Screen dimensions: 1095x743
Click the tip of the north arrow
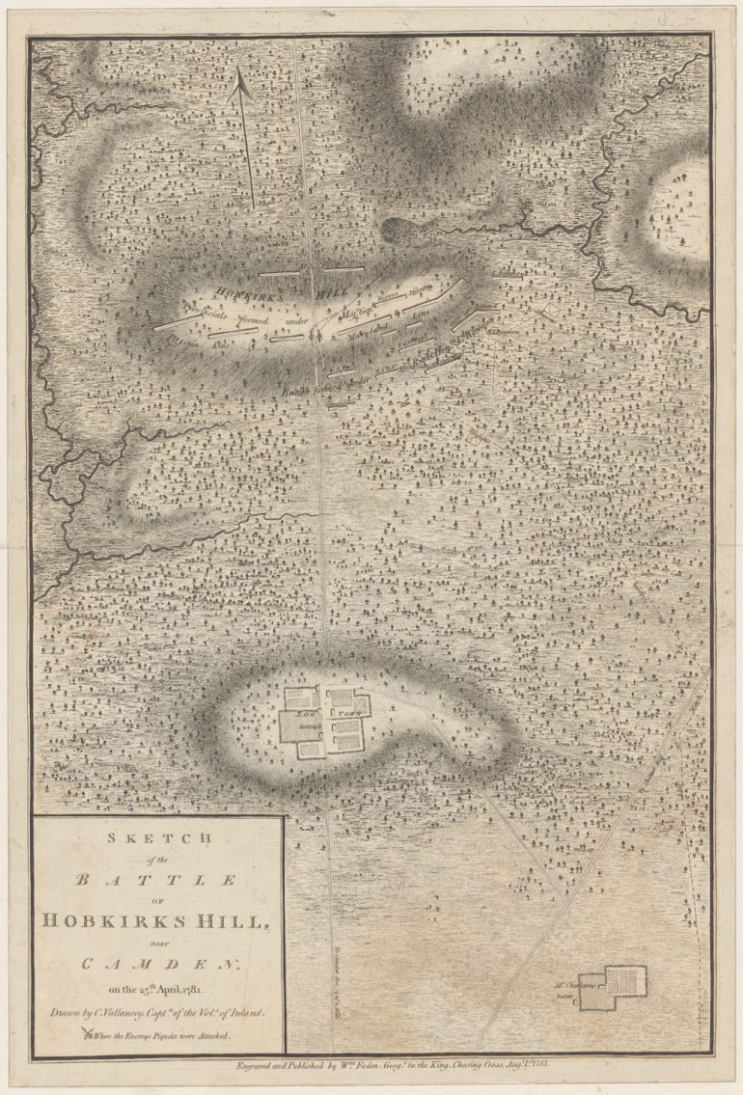[x=240, y=79]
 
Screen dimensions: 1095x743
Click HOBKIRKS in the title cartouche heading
[x=107, y=919]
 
